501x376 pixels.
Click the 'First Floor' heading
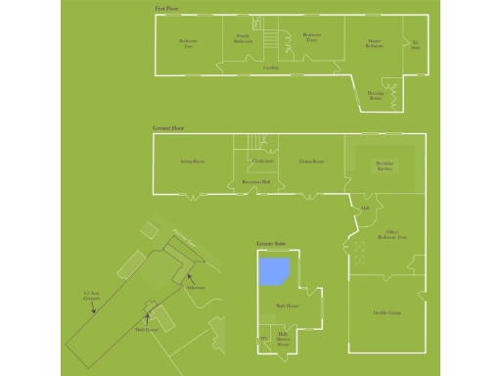(x=165, y=8)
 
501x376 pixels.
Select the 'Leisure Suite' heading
(x=270, y=243)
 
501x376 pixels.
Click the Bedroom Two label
(x=189, y=42)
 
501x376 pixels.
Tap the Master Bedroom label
(x=374, y=44)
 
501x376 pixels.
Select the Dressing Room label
(x=376, y=94)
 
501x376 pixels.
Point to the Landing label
(x=271, y=68)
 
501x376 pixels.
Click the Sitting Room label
(x=192, y=161)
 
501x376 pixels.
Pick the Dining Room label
(x=311, y=161)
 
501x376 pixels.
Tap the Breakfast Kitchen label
(x=385, y=164)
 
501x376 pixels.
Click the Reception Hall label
(x=256, y=181)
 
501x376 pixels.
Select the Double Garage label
(x=387, y=312)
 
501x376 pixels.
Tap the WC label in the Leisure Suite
(x=262, y=339)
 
